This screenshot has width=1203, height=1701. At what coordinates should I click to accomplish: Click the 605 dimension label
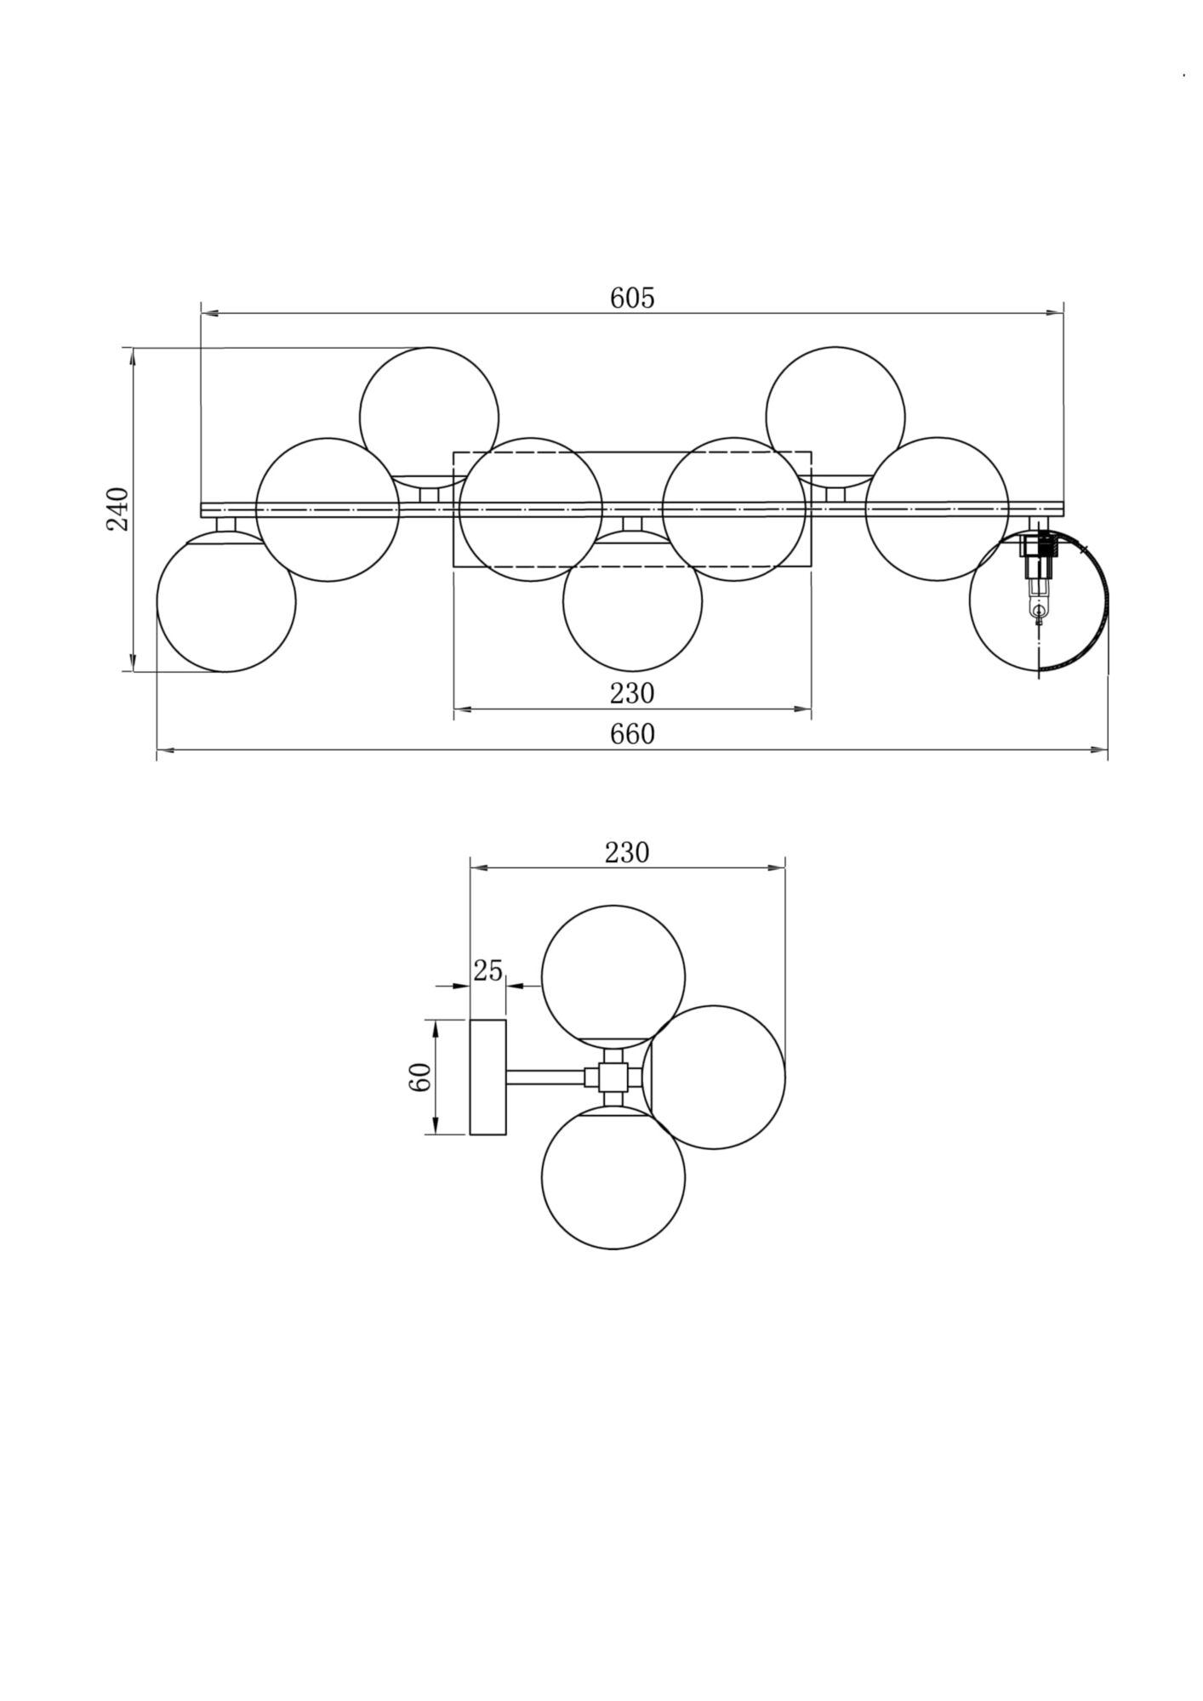(x=632, y=298)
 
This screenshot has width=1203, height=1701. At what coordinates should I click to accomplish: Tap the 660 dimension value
(x=632, y=733)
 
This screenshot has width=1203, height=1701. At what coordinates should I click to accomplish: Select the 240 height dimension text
(x=117, y=509)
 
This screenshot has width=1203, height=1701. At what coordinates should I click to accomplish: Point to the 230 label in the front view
(x=632, y=694)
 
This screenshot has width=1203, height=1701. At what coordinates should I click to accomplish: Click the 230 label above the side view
(x=627, y=852)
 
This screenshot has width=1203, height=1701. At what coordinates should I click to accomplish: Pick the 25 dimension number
(x=488, y=970)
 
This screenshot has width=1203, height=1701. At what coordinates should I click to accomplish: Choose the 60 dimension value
(x=421, y=1078)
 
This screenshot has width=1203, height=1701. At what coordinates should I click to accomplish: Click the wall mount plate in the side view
(x=488, y=1078)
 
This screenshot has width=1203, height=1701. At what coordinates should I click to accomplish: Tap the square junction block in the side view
(x=613, y=1078)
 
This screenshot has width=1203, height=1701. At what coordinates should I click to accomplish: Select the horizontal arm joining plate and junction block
(x=546, y=1078)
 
